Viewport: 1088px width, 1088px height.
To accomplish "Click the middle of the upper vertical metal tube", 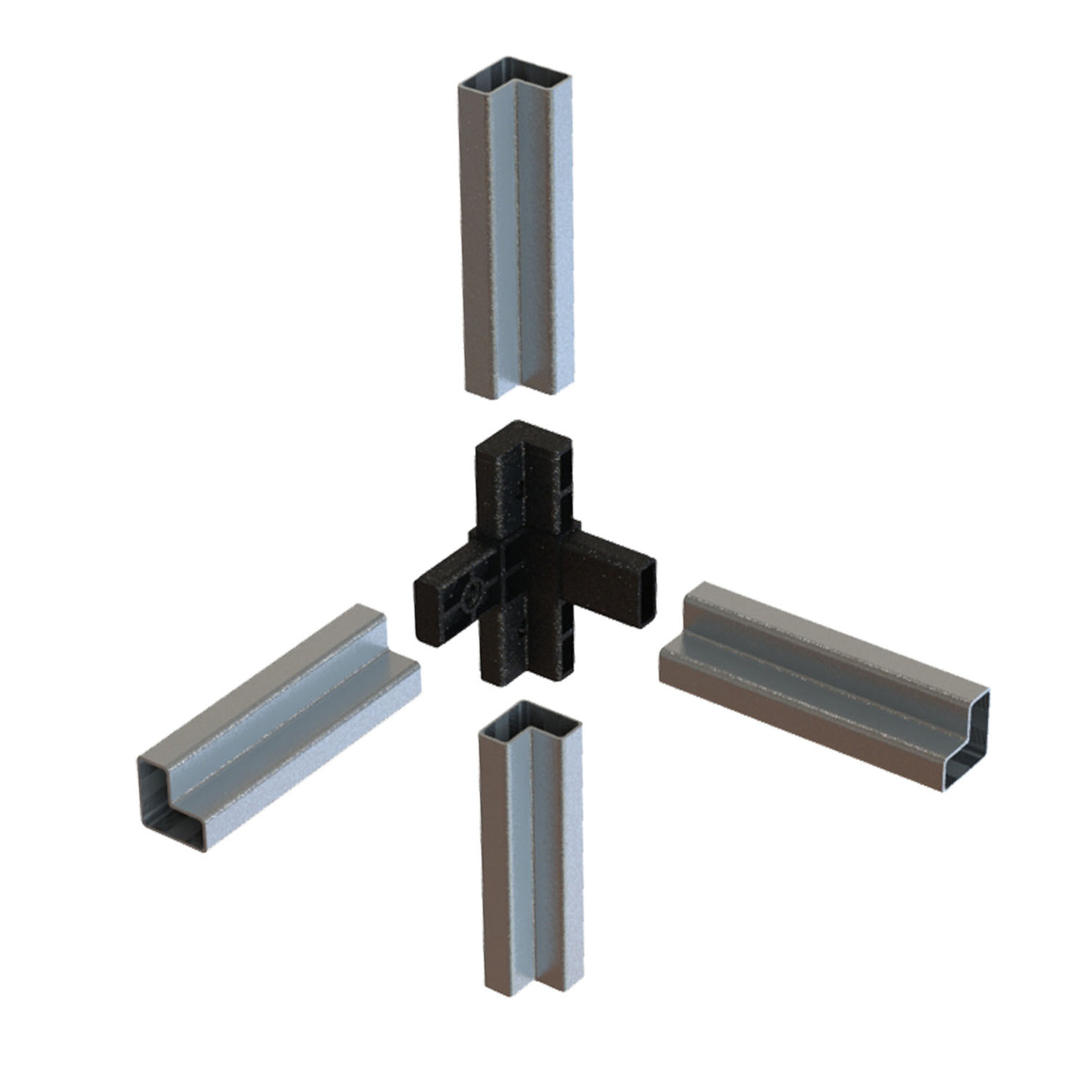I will pyautogui.click(x=516, y=232).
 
